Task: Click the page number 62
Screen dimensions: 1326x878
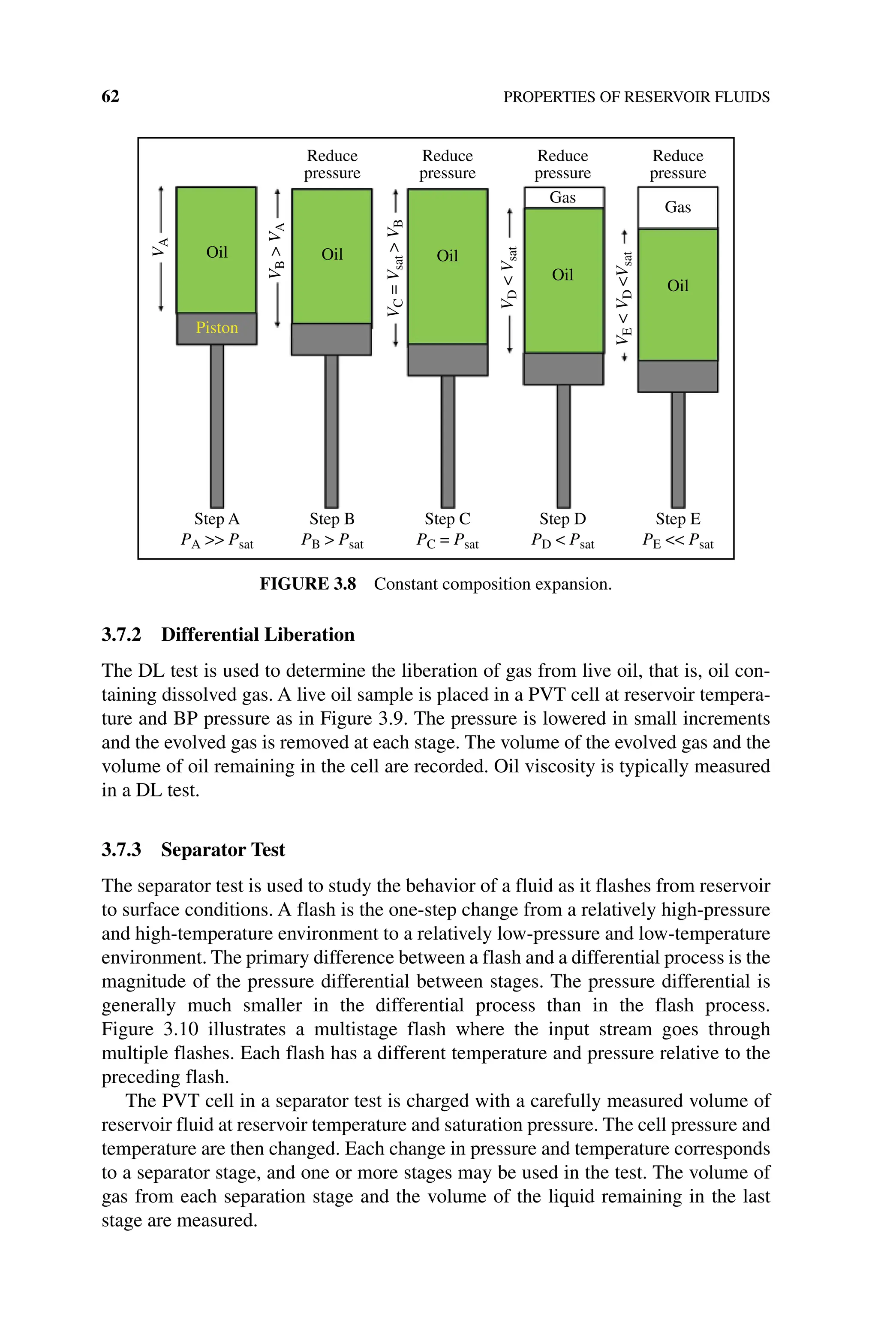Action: click(x=110, y=96)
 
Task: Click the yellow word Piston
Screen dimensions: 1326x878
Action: click(x=216, y=328)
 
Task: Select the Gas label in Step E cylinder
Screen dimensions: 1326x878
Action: click(x=677, y=207)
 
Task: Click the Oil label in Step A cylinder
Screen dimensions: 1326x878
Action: click(x=216, y=253)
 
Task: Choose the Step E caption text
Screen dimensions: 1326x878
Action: click(x=677, y=518)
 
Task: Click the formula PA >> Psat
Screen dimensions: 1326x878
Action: click(x=216, y=541)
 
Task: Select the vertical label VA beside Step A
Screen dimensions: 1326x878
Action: click(x=161, y=247)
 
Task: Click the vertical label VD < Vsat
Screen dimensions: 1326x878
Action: click(x=509, y=277)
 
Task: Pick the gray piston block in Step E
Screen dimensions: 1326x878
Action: click(x=677, y=376)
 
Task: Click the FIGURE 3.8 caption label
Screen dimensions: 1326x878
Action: click(x=307, y=584)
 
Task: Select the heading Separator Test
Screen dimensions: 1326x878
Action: click(x=223, y=850)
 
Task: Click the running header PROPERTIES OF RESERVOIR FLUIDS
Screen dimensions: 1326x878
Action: click(x=636, y=97)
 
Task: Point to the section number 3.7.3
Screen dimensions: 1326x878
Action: click(x=121, y=850)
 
